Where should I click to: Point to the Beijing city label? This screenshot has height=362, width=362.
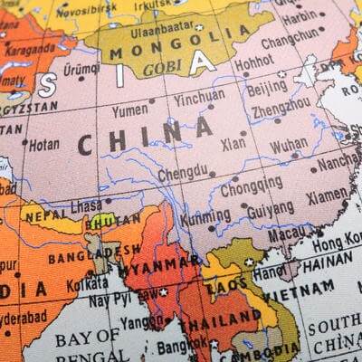(266, 88)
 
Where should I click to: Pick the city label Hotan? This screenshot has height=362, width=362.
(43, 143)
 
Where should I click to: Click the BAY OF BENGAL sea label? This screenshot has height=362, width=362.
(86, 348)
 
